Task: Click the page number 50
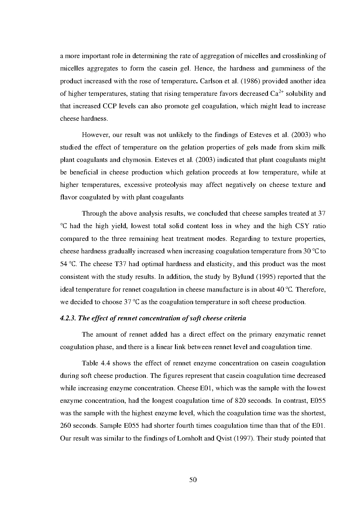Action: tap(193, 480)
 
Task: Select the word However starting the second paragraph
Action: tap(94, 135)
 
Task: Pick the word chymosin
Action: tap(140, 160)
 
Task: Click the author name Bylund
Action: tap(243, 277)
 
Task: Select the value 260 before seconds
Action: tap(66, 426)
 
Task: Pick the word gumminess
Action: tap(288, 68)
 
